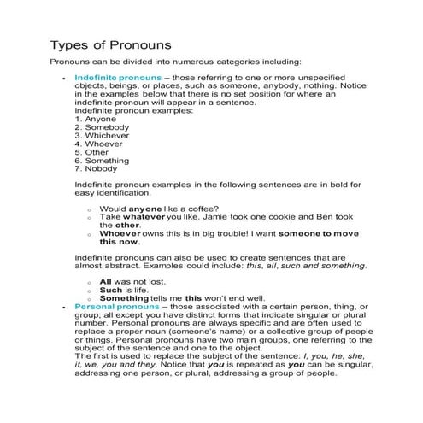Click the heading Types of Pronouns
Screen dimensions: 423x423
tap(112, 44)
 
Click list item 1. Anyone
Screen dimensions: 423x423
tap(94, 119)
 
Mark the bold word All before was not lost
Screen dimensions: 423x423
tap(105, 281)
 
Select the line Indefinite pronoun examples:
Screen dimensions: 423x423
tap(133, 110)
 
